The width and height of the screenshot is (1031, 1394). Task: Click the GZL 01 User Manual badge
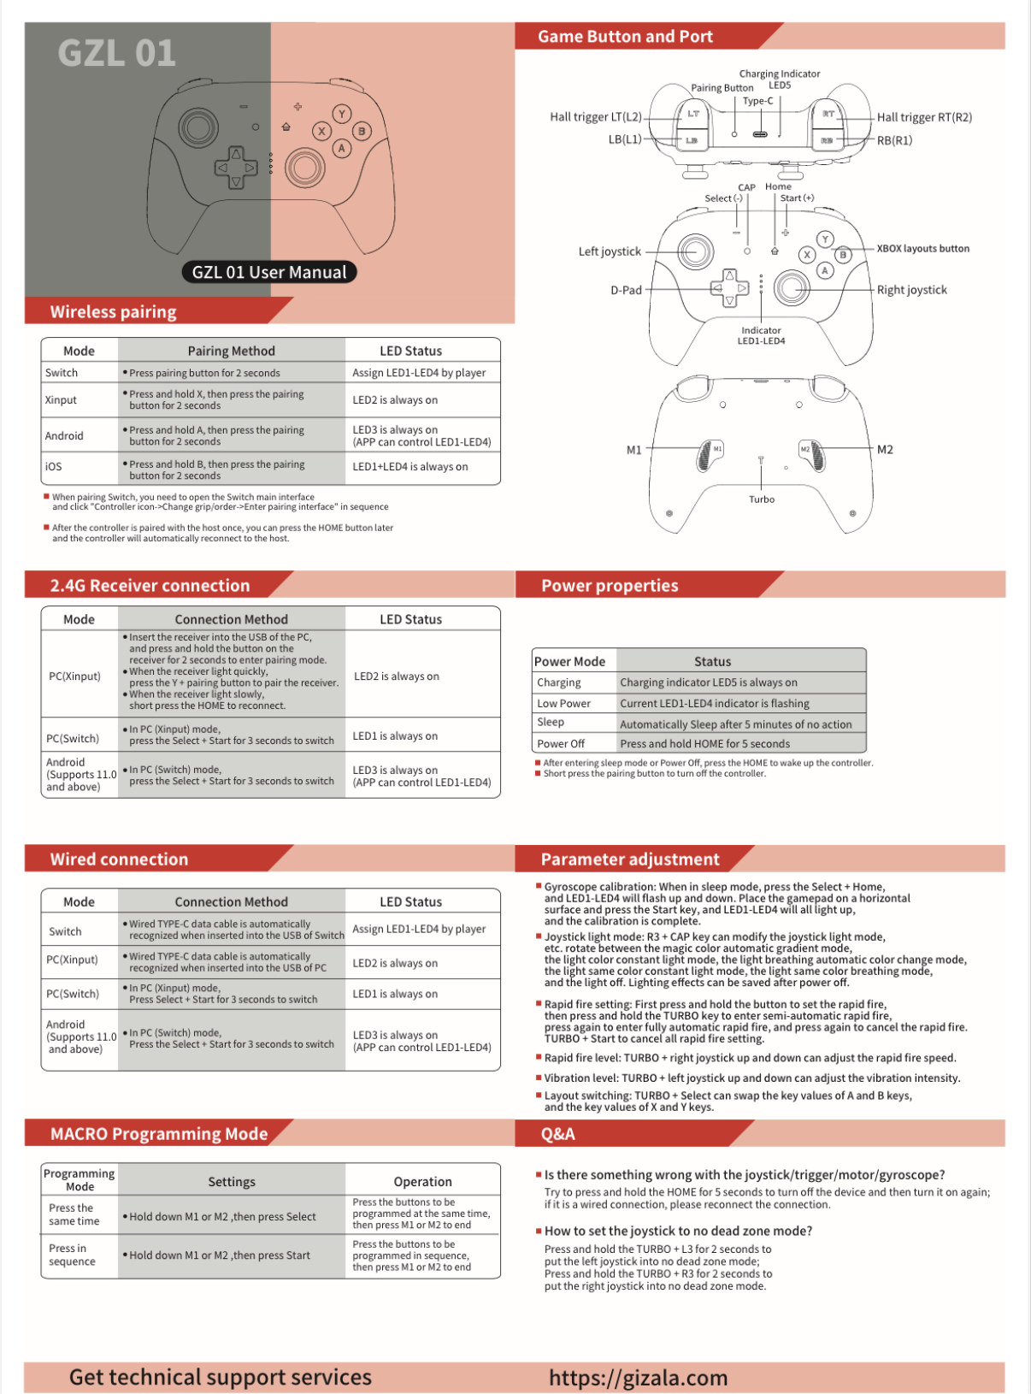(x=269, y=272)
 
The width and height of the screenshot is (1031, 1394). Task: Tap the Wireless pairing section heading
(x=114, y=311)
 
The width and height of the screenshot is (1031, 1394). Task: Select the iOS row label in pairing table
(x=54, y=466)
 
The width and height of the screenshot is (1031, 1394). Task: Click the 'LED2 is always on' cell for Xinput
(x=395, y=399)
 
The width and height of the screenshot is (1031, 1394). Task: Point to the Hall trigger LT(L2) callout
(x=595, y=117)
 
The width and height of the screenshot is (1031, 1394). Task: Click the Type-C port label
(x=757, y=101)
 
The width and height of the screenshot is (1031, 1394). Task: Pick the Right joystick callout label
(x=911, y=290)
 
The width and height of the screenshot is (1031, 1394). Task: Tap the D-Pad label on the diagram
(x=626, y=290)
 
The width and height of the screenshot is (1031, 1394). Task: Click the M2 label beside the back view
(x=885, y=449)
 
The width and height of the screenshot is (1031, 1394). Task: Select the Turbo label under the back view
(x=761, y=499)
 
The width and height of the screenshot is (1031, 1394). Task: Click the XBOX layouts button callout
(x=922, y=249)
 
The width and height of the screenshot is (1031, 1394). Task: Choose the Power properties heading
(x=610, y=586)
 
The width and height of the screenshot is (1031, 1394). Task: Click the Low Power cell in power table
(x=564, y=703)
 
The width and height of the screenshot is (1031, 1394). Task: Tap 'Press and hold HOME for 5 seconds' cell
(x=704, y=743)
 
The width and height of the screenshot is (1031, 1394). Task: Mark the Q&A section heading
(x=557, y=1134)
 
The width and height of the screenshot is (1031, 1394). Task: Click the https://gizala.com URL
(x=638, y=1377)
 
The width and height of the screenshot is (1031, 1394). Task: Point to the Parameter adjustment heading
(x=630, y=859)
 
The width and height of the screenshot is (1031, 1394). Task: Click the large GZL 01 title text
(x=117, y=53)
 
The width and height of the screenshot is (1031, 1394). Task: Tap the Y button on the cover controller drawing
(x=342, y=114)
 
